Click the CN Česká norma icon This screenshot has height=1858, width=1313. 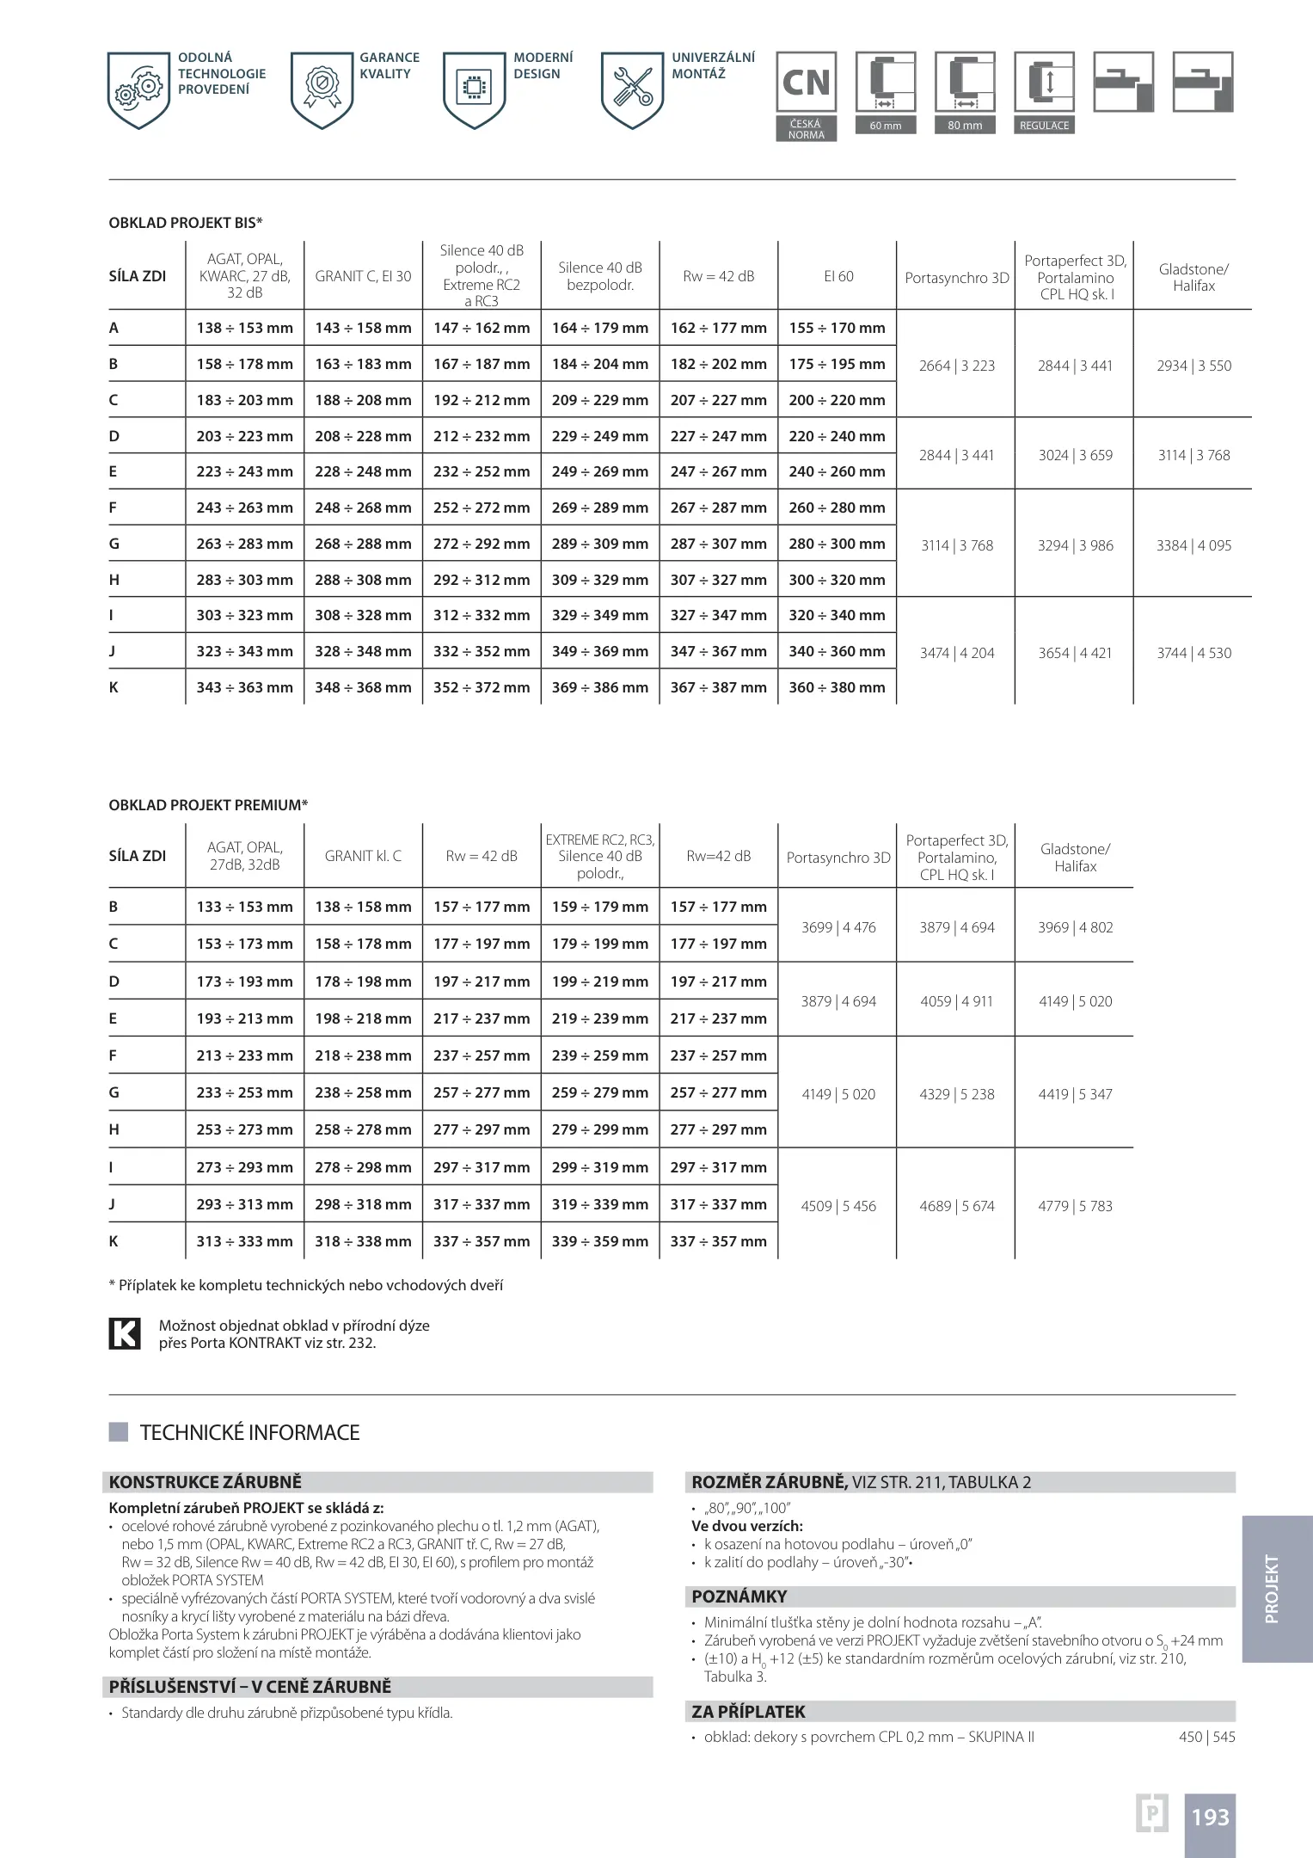point(806,83)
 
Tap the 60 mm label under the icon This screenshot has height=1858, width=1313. point(885,126)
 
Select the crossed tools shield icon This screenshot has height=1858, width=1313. point(632,89)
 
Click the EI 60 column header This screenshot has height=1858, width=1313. point(837,276)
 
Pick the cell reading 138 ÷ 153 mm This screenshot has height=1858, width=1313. point(244,328)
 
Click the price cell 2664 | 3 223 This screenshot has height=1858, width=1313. point(956,366)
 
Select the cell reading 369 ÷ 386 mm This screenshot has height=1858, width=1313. point(599,687)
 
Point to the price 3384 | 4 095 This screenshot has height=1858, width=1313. point(1193,545)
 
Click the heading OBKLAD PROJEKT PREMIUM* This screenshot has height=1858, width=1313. point(208,805)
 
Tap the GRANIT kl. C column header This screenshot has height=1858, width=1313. point(363,856)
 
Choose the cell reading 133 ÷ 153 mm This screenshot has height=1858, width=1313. point(244,907)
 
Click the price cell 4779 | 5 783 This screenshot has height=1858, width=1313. point(1074,1206)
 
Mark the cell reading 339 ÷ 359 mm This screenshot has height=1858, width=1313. point(599,1241)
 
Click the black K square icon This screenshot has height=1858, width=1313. point(125,1333)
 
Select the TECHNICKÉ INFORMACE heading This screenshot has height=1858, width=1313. point(249,1432)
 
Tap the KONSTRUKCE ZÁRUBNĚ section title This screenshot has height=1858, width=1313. point(206,1482)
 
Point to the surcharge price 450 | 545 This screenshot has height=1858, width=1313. point(1206,1737)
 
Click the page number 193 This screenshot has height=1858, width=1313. point(1210,1818)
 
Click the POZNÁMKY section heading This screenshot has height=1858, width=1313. point(739,1597)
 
